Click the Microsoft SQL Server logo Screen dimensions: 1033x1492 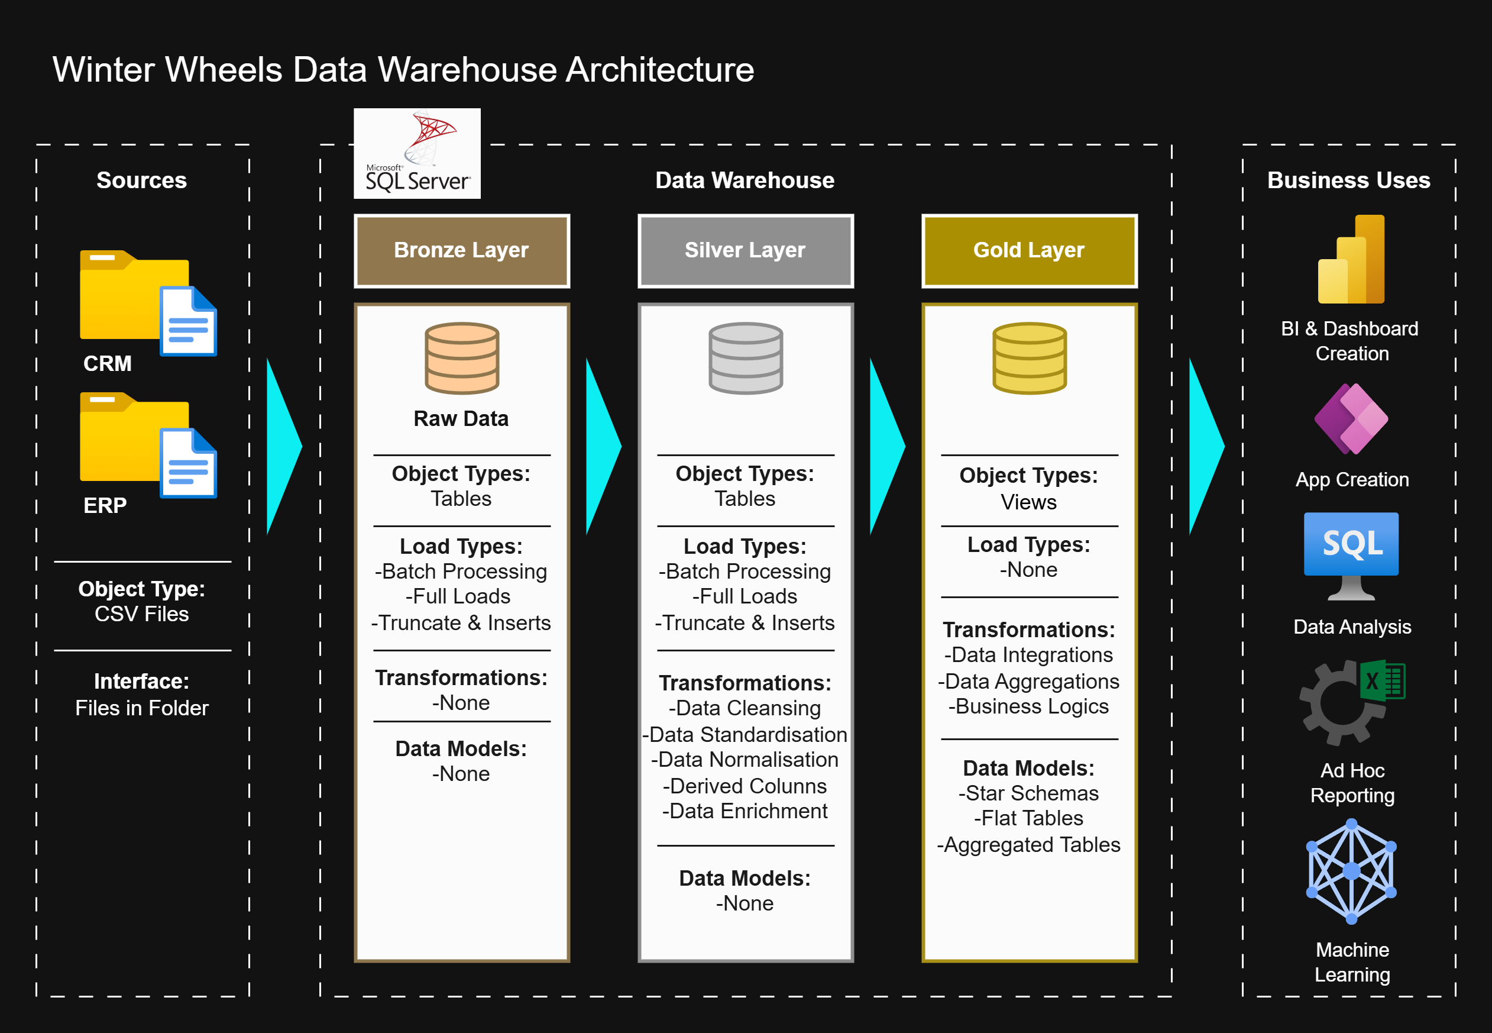[417, 153]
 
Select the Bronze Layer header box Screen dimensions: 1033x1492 [461, 250]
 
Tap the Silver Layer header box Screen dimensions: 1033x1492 [745, 250]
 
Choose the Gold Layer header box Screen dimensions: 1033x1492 [1029, 250]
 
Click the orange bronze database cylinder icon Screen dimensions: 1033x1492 [461, 358]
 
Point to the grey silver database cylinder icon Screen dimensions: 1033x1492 [745, 358]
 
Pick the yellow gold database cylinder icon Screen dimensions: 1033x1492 [1029, 358]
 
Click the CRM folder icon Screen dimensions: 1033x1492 [135, 296]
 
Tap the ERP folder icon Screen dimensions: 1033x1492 [135, 438]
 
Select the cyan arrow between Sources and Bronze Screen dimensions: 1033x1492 [283, 446]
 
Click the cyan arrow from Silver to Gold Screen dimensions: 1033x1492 [886, 446]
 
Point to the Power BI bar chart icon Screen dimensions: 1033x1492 [1351, 260]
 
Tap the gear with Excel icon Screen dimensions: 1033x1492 [1351, 702]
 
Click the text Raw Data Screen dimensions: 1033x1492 [461, 419]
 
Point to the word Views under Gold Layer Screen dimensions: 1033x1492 [1028, 502]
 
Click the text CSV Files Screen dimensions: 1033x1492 [142, 614]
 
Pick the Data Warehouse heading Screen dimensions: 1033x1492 [745, 180]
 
